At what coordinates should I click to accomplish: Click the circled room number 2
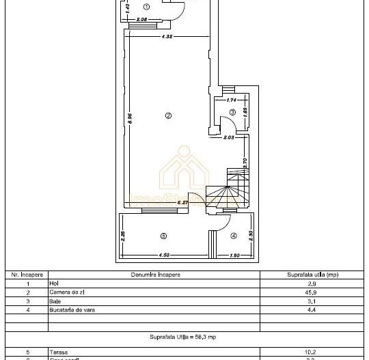(x=167, y=115)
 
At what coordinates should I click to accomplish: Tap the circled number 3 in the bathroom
(x=232, y=112)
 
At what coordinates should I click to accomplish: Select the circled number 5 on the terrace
(x=163, y=236)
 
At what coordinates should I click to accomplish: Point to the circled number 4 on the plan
(x=233, y=236)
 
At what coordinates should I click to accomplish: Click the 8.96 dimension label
(x=129, y=117)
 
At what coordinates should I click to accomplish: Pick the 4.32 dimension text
(x=166, y=37)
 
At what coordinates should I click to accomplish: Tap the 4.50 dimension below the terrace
(x=164, y=255)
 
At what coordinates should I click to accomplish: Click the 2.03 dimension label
(x=229, y=137)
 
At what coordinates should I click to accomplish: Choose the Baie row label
(x=54, y=301)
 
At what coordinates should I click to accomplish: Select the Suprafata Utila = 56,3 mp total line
(x=184, y=337)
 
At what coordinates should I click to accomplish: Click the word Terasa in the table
(x=57, y=352)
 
